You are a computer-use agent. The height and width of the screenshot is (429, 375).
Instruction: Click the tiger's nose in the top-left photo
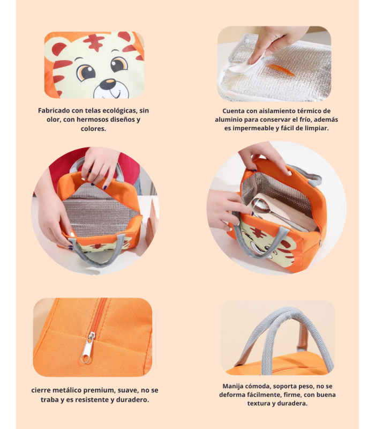tap(109, 84)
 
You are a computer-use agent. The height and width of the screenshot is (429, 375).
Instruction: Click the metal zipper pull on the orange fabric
tap(88, 347)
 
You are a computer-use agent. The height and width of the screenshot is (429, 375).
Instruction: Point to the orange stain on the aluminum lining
tap(281, 70)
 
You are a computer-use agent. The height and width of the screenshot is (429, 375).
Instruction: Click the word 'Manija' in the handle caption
tap(234, 386)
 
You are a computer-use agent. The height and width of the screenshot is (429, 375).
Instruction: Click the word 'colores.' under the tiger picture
tap(93, 129)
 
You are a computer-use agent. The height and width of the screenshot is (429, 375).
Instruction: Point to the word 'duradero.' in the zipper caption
tap(132, 400)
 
